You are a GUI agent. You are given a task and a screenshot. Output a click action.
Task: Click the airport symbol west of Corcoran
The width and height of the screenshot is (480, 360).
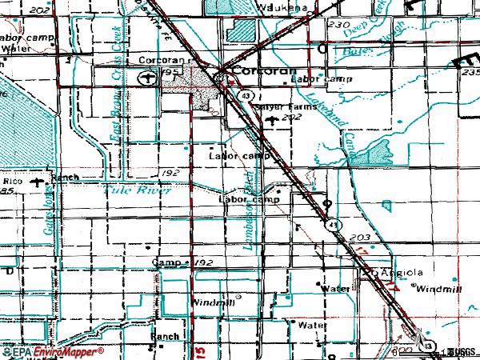pyautogui.click(x=145, y=78)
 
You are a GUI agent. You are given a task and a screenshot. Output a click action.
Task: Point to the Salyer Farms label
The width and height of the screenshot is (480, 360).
pyautogui.click(x=279, y=106)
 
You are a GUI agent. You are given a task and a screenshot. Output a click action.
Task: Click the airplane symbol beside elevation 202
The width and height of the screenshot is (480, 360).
pyautogui.click(x=276, y=119)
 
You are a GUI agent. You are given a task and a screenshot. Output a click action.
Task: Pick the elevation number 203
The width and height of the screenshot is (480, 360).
pyautogui.click(x=360, y=238)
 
